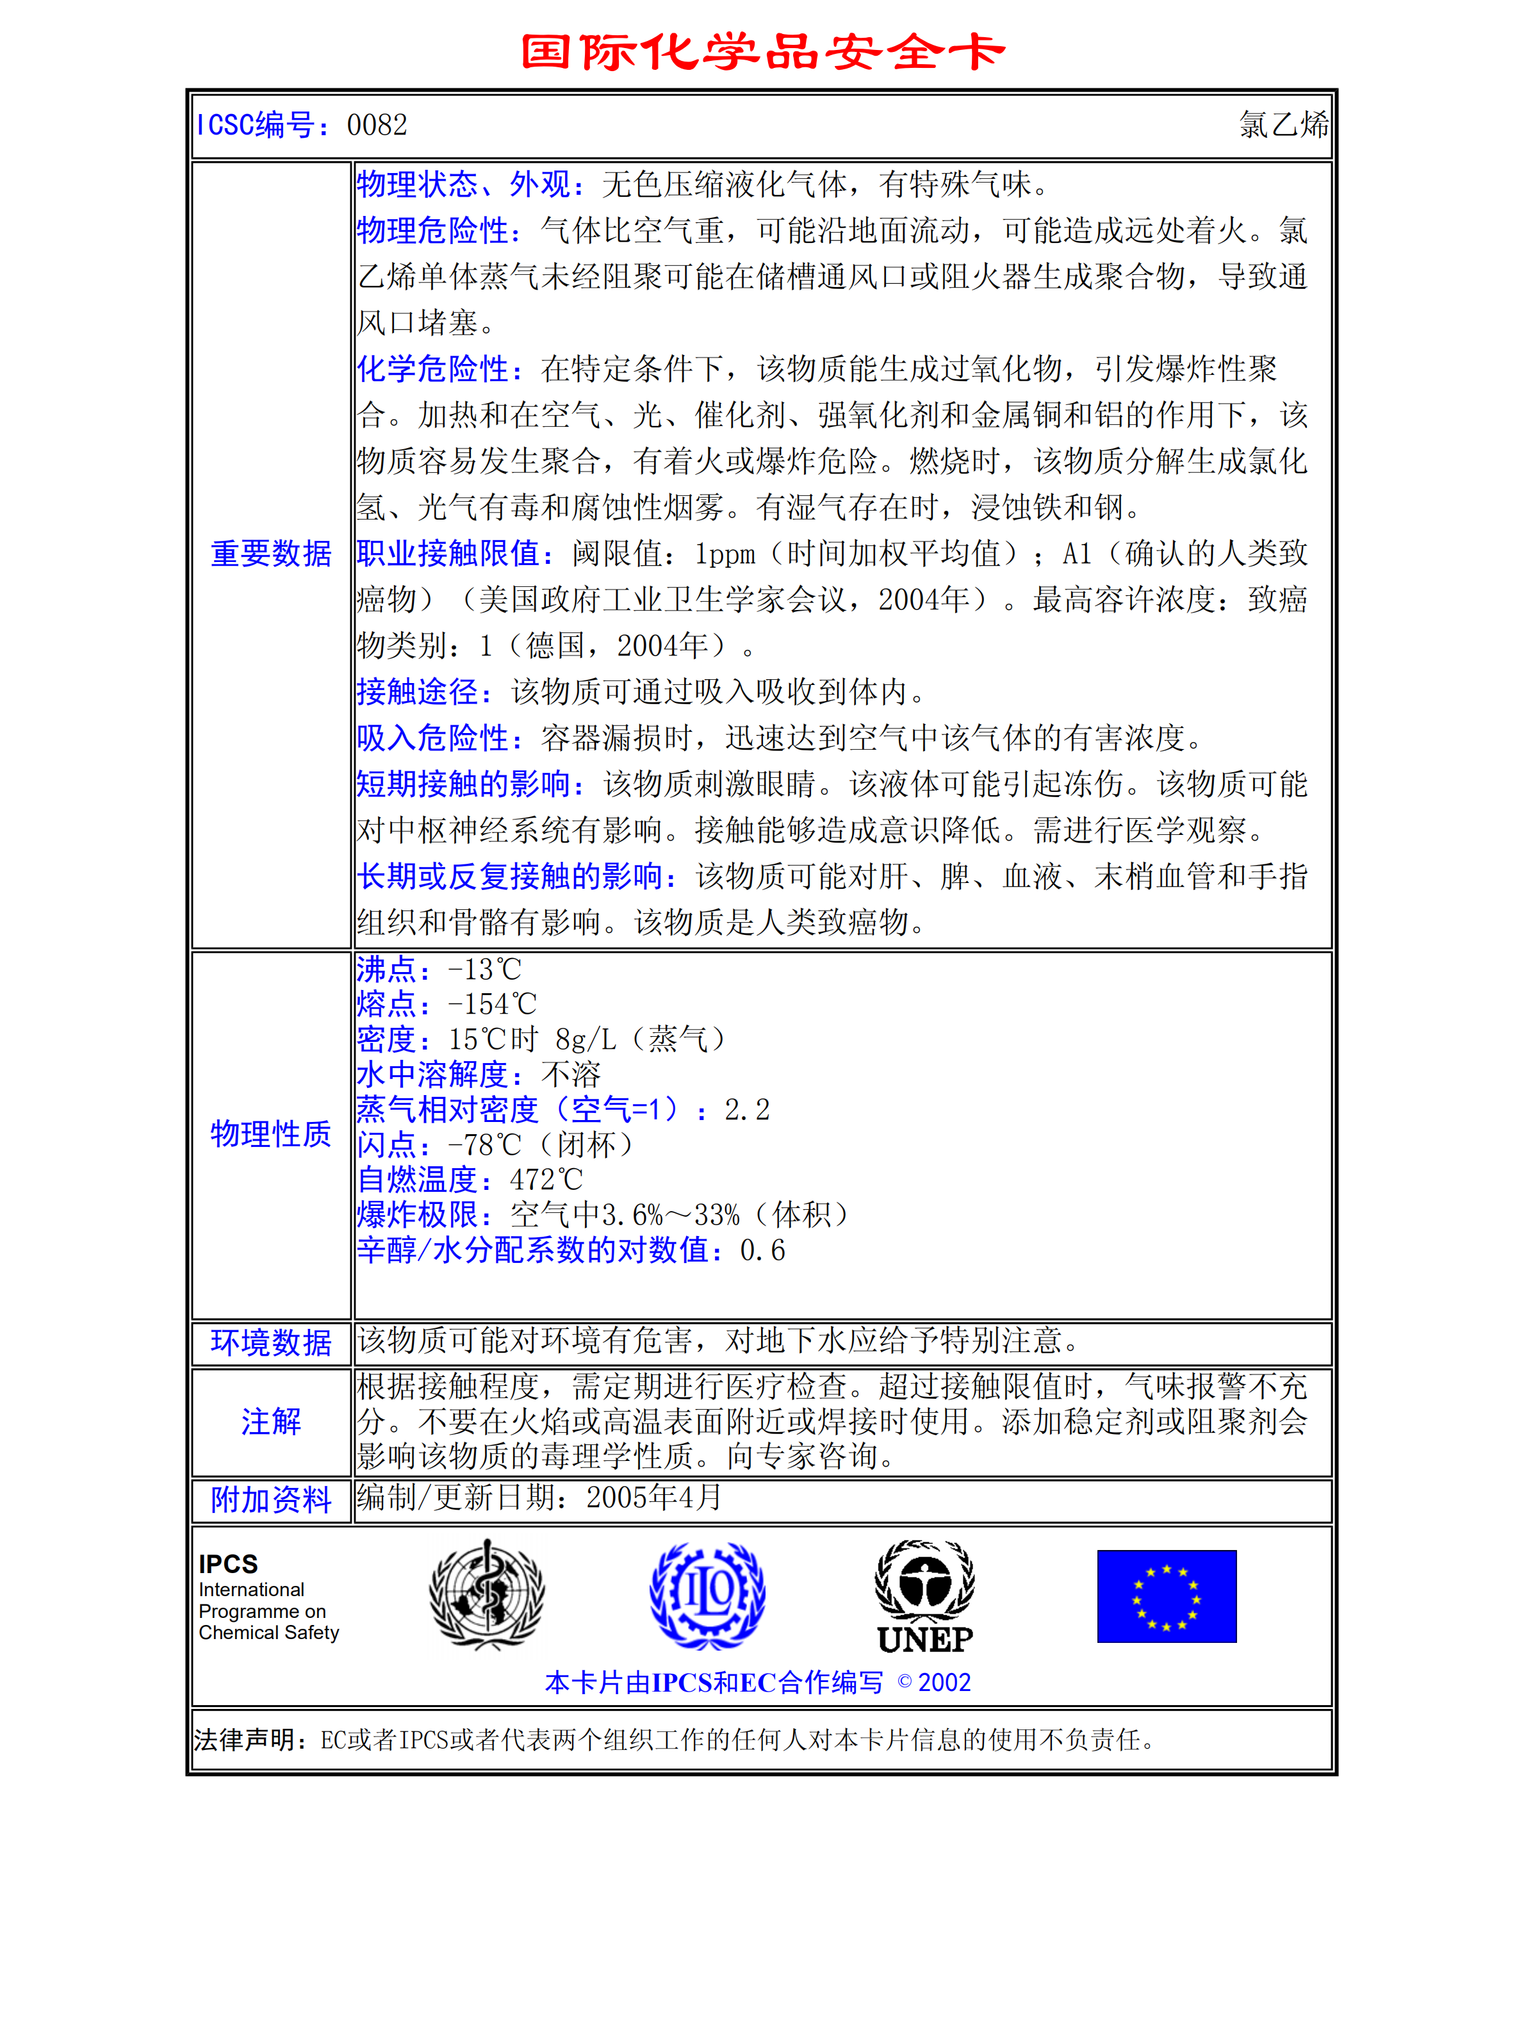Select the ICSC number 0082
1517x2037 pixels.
377,125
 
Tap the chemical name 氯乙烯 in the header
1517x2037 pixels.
1283,125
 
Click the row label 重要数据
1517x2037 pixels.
271,554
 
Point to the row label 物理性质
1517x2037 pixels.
271,1134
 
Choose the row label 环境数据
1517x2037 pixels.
271,1342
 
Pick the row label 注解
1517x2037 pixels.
271,1422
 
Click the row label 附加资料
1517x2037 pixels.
271,1500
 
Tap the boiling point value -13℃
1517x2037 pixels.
484,970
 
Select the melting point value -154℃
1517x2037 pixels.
491,1005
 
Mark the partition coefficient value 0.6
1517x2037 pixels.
762,1251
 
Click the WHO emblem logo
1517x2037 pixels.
487,1596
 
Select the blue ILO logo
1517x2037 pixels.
707,1596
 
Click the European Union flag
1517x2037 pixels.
1166,1596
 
